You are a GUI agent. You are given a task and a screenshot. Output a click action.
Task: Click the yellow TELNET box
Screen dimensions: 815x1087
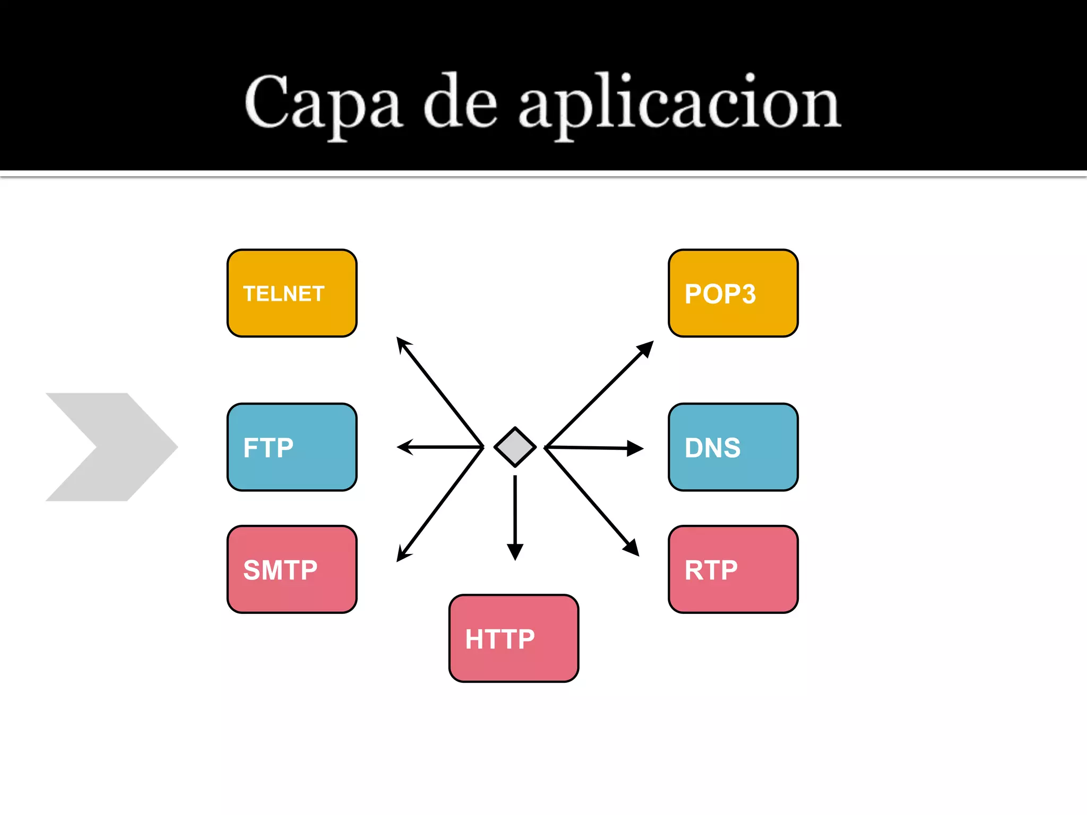(x=292, y=293)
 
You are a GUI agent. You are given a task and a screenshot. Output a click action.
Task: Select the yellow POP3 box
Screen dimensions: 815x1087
(x=733, y=293)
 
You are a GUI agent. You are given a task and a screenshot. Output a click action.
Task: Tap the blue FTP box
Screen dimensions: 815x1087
(x=292, y=447)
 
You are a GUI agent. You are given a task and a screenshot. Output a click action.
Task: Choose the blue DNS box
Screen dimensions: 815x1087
(x=733, y=447)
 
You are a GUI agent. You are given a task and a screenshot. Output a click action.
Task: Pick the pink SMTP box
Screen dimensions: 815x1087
(x=292, y=569)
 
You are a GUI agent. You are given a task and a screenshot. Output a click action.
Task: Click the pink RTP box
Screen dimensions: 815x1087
(x=733, y=569)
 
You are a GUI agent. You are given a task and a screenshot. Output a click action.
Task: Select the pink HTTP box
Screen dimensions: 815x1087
(x=513, y=638)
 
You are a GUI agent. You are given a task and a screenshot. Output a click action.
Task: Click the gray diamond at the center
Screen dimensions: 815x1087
(x=515, y=447)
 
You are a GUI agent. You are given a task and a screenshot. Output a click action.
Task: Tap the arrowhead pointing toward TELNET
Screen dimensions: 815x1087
(x=403, y=345)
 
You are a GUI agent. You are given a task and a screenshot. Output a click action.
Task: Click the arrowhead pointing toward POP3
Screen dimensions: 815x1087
(x=645, y=349)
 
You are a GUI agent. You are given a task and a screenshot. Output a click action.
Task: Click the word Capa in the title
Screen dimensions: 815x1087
(x=322, y=103)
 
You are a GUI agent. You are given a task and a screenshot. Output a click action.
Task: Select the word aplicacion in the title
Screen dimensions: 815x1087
(x=679, y=103)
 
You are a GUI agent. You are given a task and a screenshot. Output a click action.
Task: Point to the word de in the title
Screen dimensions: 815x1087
(x=460, y=103)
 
